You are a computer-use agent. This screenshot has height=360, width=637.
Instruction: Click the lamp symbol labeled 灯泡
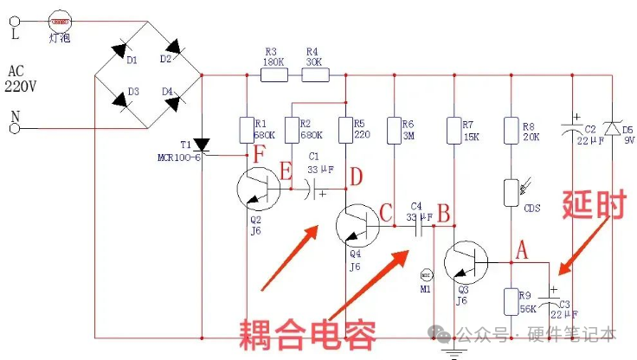58,16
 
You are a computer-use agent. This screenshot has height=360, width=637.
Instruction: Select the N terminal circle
14,128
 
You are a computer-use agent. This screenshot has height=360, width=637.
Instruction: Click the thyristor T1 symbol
202,145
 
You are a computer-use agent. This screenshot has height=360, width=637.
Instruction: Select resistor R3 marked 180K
273,75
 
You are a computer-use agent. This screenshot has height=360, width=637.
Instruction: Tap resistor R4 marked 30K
315,75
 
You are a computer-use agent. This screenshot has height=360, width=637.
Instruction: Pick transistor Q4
356,226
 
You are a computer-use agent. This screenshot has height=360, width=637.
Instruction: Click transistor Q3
467,262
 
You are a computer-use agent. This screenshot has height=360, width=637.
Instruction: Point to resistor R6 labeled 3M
394,130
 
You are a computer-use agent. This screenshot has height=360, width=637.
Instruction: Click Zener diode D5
614,129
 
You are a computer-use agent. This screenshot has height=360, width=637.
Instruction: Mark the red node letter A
521,249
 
